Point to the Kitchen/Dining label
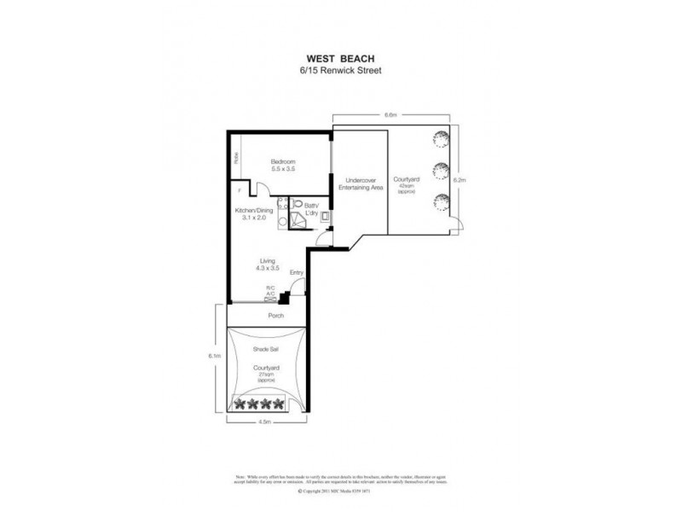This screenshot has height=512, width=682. pyautogui.click(x=257, y=213)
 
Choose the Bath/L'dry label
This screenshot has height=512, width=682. pyautogui.click(x=310, y=207)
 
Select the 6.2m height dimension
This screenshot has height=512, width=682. pyautogui.click(x=459, y=181)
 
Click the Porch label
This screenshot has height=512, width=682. pyautogui.click(x=273, y=316)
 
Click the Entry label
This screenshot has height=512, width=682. pyautogui.click(x=297, y=273)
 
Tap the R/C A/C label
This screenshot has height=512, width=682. pyautogui.click(x=271, y=290)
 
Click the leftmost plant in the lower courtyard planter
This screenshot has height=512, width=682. pyautogui.click(x=240, y=404)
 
